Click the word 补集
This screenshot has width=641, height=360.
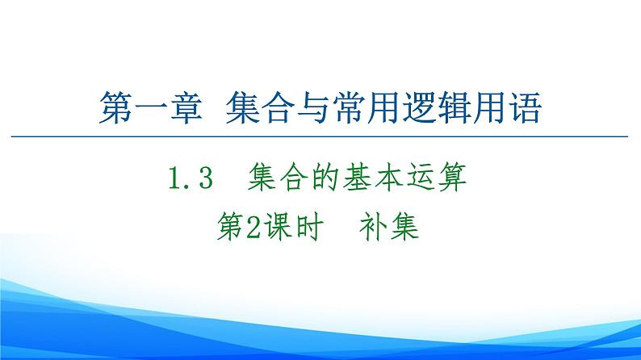pyautogui.click(x=390, y=228)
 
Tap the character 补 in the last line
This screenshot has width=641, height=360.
pyautogui.click(x=374, y=228)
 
